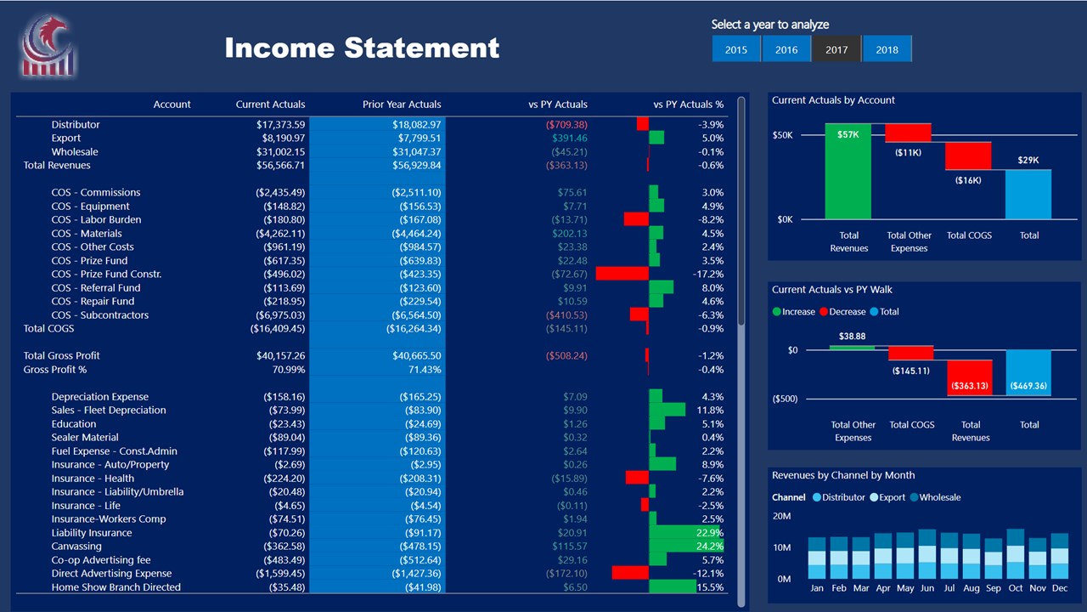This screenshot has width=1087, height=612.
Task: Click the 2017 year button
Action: click(x=836, y=49)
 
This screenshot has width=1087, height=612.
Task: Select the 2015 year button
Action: click(x=736, y=49)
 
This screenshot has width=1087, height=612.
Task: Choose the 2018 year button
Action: click(x=887, y=49)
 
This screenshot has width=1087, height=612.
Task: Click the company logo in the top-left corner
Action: click(x=48, y=47)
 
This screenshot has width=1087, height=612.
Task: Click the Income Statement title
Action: click(x=362, y=48)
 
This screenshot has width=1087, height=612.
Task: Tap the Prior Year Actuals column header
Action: click(x=402, y=105)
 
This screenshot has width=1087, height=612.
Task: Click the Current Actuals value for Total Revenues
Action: click(x=280, y=166)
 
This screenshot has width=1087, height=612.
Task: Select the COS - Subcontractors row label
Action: click(x=99, y=315)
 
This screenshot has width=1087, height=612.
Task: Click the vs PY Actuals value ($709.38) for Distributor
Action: click(x=566, y=125)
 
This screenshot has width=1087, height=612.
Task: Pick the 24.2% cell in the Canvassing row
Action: click(x=709, y=547)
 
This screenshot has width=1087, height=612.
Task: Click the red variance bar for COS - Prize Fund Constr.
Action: click(x=622, y=275)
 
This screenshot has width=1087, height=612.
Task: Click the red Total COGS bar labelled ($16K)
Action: click(x=968, y=156)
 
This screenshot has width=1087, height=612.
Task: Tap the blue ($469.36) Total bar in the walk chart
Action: click(x=1028, y=372)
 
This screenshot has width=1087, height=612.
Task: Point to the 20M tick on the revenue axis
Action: click(x=781, y=516)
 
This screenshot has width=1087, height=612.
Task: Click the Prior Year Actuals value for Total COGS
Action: click(x=414, y=329)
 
